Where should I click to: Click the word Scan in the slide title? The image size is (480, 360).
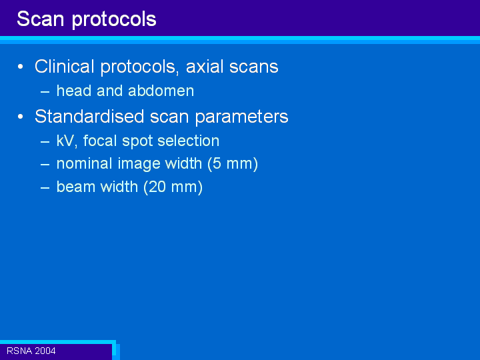(x=41, y=19)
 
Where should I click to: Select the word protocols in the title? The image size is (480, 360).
(x=114, y=20)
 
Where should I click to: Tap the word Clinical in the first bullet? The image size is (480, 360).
(x=64, y=67)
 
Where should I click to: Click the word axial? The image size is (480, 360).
(x=204, y=67)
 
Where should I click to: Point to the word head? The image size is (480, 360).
(x=74, y=91)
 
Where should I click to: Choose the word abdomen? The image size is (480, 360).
(x=161, y=91)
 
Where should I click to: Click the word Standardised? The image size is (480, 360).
(x=89, y=116)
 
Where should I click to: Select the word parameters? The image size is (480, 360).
(x=242, y=117)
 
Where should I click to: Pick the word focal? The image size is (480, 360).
(x=101, y=141)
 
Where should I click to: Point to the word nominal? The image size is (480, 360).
(x=84, y=163)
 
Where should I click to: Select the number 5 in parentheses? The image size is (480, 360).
(x=217, y=164)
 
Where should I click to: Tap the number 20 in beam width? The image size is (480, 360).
(x=157, y=187)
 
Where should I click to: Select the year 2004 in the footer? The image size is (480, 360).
(x=45, y=351)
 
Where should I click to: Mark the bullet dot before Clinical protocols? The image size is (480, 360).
(x=21, y=67)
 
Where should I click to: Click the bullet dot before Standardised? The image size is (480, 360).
(x=21, y=117)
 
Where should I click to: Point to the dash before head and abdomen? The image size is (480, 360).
(x=45, y=91)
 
